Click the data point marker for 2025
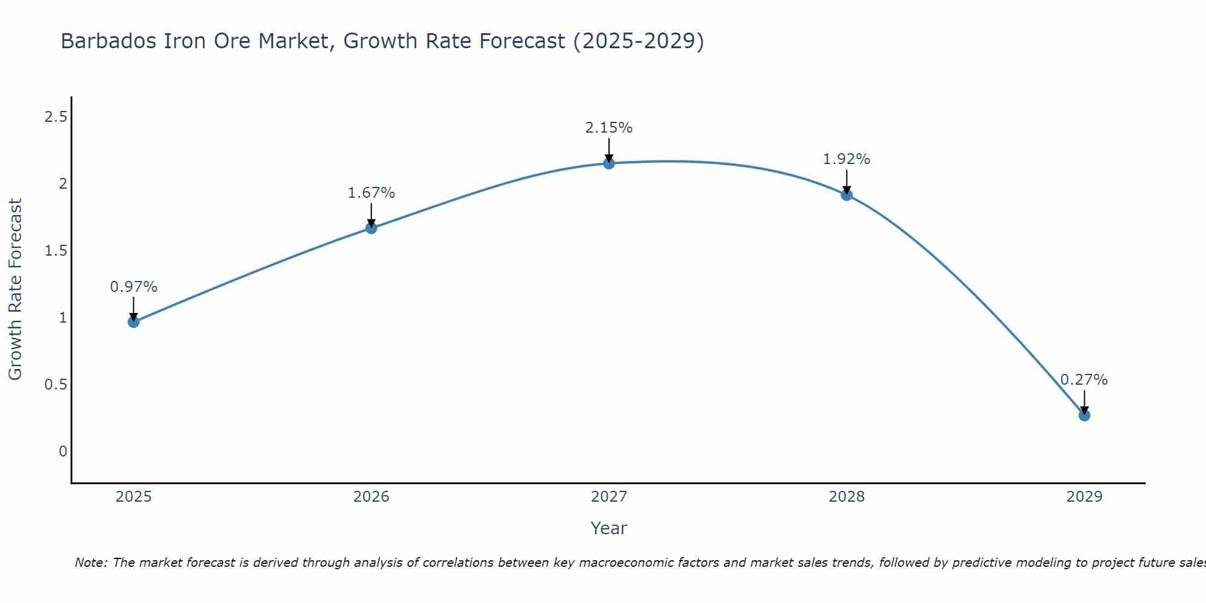[x=133, y=322]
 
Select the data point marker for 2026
[x=371, y=228]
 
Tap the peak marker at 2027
[x=609, y=163]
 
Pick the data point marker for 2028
[x=847, y=195]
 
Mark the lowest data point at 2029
[x=1084, y=415]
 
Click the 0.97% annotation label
[x=133, y=287]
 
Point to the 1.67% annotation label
[x=371, y=193]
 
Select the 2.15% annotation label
[x=609, y=128]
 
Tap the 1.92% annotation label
[x=847, y=159]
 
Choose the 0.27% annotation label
[x=1084, y=380]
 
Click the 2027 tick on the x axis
[x=609, y=497]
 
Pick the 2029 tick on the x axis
[x=1084, y=497]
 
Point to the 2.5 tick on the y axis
[x=55, y=117]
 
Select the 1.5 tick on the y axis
[x=55, y=251]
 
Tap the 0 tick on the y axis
[x=63, y=452]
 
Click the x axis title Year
[x=609, y=528]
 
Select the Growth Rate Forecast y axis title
[x=15, y=289]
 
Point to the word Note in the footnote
[x=90, y=563]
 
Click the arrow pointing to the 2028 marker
[x=847, y=181]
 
